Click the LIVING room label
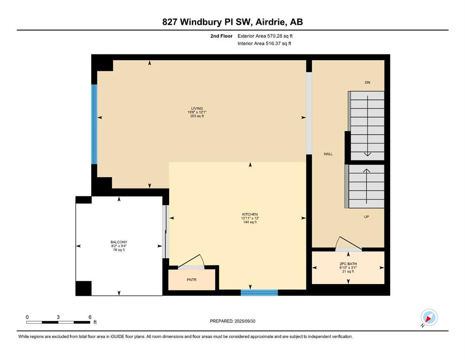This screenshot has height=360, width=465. pyautogui.click(x=197, y=108)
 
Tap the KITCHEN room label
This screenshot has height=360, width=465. pyautogui.click(x=250, y=214)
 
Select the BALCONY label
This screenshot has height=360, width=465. pyautogui.click(x=119, y=242)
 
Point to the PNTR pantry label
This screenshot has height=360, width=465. pyautogui.click(x=192, y=279)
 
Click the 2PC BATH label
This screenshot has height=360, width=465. pyautogui.click(x=348, y=264)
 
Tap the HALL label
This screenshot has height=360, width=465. pyautogui.click(x=328, y=154)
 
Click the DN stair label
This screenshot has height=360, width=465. pyautogui.click(x=368, y=82)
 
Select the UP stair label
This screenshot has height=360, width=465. pyautogui.click(x=367, y=217)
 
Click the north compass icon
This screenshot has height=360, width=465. pyautogui.click(x=429, y=317)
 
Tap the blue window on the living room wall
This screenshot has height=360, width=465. pyautogui.click(x=94, y=124)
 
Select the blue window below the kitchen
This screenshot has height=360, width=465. pyautogui.click(x=259, y=292)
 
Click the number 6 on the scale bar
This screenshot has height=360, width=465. pyautogui.click(x=90, y=317)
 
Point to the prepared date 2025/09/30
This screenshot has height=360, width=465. pyautogui.click(x=245, y=321)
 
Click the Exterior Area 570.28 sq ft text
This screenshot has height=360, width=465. pyautogui.click(x=265, y=36)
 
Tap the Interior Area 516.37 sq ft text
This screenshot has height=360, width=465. pyautogui.click(x=264, y=43)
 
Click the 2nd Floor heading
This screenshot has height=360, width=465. pyautogui.click(x=221, y=36)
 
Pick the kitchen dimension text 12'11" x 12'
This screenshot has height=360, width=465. pyautogui.click(x=250, y=218)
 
